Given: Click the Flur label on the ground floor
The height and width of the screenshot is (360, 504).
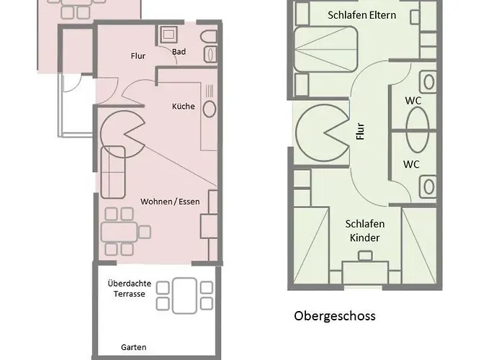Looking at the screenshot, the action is click(x=138, y=56).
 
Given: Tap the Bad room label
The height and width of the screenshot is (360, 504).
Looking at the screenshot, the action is click(x=179, y=52).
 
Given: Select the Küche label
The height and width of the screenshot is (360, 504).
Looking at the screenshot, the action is click(x=183, y=107).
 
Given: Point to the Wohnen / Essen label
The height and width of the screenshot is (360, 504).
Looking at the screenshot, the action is click(x=170, y=202).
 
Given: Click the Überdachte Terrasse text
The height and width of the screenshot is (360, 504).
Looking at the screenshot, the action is click(x=129, y=289).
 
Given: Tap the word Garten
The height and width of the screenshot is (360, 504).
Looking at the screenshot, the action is click(x=134, y=347).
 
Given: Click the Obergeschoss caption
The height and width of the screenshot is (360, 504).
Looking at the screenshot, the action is click(x=335, y=315).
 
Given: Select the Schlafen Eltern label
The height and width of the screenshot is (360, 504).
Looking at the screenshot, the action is click(x=361, y=15).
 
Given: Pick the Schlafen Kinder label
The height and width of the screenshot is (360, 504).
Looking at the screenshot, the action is click(x=365, y=231).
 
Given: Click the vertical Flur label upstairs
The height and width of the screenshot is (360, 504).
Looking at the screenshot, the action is click(x=361, y=131).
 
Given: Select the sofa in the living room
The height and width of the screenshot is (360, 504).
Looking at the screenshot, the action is click(x=113, y=172).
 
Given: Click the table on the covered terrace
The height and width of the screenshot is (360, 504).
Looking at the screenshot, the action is click(x=184, y=296).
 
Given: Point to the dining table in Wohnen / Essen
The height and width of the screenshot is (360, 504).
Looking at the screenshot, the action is click(x=120, y=232).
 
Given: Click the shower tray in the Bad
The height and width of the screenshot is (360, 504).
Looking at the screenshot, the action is click(x=168, y=34).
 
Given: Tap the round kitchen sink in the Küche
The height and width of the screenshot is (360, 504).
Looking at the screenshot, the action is click(x=210, y=109).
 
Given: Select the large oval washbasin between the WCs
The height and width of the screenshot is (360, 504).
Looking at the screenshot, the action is click(x=417, y=129).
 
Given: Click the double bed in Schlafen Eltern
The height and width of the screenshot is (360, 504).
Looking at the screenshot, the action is click(x=325, y=49).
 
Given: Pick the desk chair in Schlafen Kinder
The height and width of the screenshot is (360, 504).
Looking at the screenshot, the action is click(x=365, y=256).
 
